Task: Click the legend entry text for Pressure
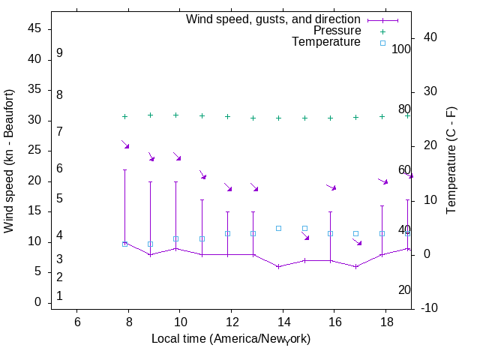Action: coord(337,31)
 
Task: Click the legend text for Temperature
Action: coord(326,42)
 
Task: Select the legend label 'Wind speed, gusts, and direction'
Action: coord(274,19)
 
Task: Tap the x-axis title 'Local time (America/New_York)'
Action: coord(231,339)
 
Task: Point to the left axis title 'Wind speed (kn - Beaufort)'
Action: coord(9,161)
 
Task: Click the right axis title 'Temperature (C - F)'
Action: coord(451,161)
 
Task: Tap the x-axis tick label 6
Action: coord(77,321)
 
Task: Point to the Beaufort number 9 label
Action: coord(59,53)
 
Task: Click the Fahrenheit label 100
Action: coord(401,49)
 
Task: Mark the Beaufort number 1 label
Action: coord(59,296)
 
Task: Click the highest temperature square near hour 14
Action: coord(278,228)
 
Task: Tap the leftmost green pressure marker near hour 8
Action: coord(124,116)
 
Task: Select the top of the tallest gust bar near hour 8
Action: coord(124,169)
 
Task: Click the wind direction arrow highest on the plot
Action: coord(125,144)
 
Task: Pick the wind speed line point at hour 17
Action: coord(356,266)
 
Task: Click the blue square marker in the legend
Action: coord(382,43)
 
